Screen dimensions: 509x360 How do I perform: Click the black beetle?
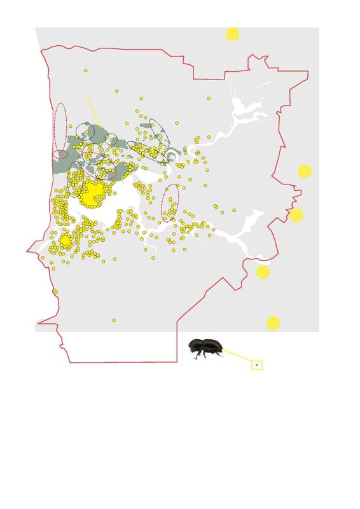click(x=205, y=348)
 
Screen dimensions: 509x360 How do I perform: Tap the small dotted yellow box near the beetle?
click(x=256, y=365)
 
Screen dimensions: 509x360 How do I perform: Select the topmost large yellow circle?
click(x=232, y=34)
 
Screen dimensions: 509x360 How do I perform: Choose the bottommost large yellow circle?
click(x=273, y=323)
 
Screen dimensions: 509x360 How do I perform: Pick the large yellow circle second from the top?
click(x=304, y=171)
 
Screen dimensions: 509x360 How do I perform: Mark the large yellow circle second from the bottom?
click(x=263, y=272)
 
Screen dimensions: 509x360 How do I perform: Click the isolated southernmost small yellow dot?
click(x=114, y=320)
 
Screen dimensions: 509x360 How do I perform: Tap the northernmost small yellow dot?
click(x=85, y=70)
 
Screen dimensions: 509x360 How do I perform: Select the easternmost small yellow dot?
click(x=234, y=210)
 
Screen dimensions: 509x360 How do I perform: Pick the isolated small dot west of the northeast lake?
click(x=209, y=98)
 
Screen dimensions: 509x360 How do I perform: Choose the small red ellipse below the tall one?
click(x=60, y=155)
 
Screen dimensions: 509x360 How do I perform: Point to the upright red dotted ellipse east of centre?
click(x=170, y=202)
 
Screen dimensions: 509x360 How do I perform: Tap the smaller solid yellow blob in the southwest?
click(x=66, y=241)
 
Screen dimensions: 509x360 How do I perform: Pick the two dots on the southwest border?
click(x=55, y=291)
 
